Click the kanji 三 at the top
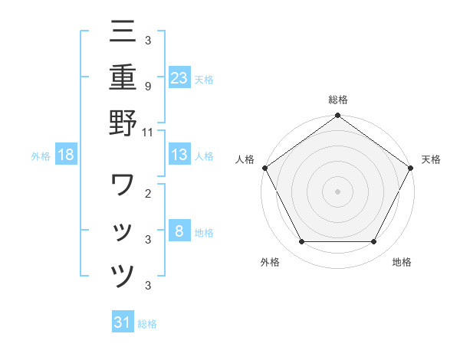[123, 32]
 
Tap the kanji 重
[123, 77]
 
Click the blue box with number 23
[179, 77]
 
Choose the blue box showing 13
[179, 155]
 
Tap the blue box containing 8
[179, 231]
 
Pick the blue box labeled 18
[66, 155]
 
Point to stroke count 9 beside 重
[147, 87]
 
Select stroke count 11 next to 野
[148, 132]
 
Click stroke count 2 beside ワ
[147, 194]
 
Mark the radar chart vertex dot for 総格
[337, 116]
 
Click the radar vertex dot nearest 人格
[264, 168]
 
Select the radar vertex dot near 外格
[301, 242]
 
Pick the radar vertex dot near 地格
[374, 242]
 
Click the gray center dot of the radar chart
[337, 191]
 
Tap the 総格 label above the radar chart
[337, 100]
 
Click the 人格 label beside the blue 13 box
[204, 155]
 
